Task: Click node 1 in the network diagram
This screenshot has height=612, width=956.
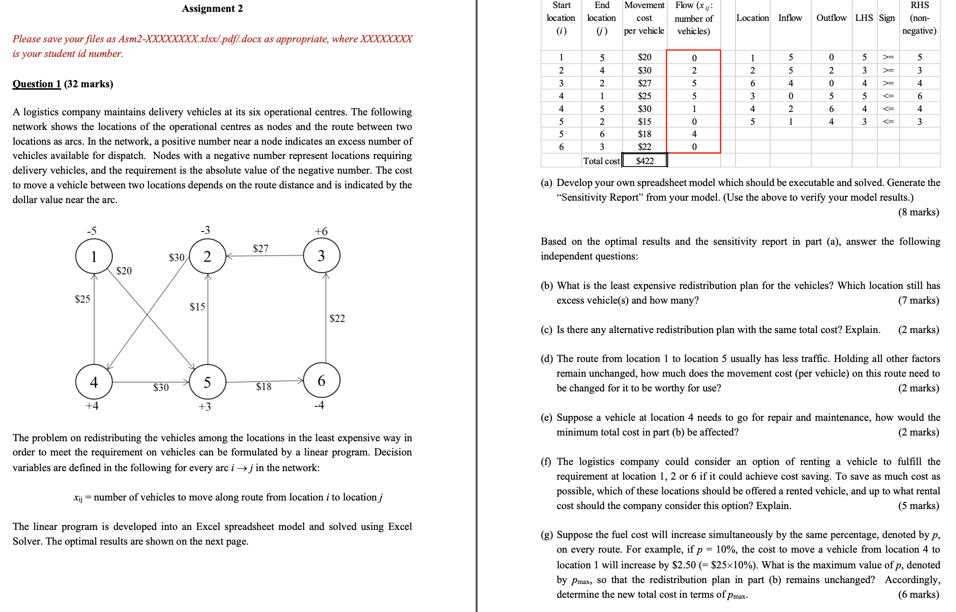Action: click(x=94, y=256)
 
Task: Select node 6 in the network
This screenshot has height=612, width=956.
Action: click(x=322, y=380)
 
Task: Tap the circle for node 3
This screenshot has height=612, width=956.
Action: click(x=322, y=256)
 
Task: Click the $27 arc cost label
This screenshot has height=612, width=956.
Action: click(x=260, y=249)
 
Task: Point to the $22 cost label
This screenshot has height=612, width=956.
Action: click(x=337, y=318)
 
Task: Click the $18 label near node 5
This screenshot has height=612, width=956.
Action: click(x=264, y=387)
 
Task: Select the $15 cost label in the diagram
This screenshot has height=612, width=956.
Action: click(x=197, y=307)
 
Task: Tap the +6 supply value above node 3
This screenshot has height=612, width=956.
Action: click(x=321, y=232)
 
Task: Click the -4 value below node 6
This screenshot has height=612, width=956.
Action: click(x=319, y=405)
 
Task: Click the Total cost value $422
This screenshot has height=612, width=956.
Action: click(x=644, y=161)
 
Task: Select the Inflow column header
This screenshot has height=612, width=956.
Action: click(x=790, y=18)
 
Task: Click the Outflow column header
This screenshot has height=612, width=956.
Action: click(x=831, y=18)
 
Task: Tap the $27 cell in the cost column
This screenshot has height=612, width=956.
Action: click(x=644, y=83)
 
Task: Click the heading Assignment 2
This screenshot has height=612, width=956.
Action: click(x=212, y=9)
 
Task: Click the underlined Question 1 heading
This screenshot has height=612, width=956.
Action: click(x=37, y=84)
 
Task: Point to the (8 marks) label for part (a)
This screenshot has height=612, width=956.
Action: click(x=918, y=212)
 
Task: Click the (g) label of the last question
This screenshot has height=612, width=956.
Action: click(x=546, y=535)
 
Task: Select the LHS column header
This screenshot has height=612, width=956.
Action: click(x=864, y=18)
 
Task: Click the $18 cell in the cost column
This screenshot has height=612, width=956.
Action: click(x=644, y=134)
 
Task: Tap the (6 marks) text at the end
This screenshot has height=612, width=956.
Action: click(x=918, y=594)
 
